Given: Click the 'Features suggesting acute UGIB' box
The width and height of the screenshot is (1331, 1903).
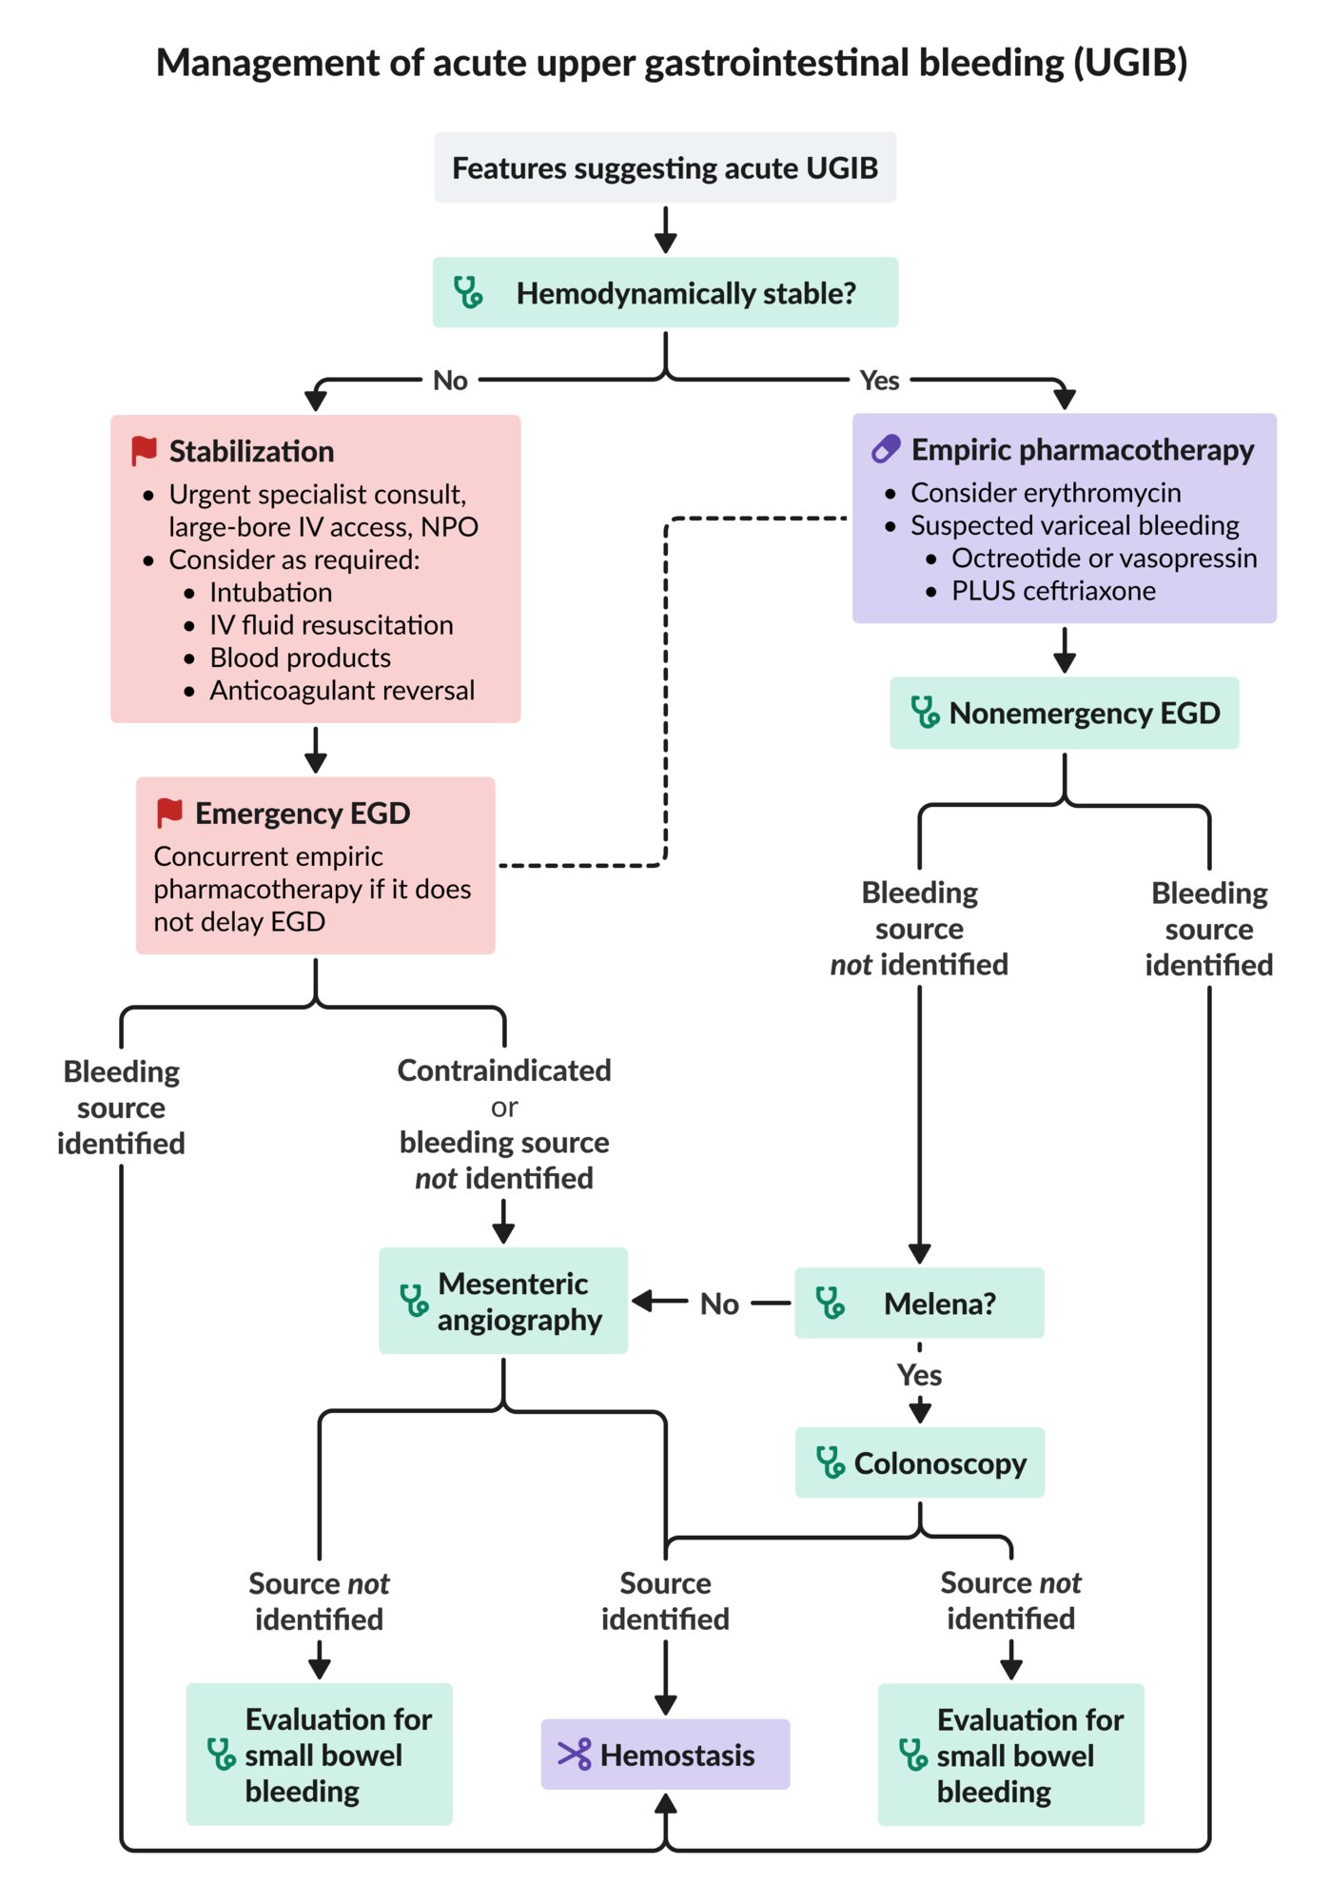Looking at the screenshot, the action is pos(665,167).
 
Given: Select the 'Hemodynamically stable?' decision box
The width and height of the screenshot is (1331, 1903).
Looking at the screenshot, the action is pos(665,292).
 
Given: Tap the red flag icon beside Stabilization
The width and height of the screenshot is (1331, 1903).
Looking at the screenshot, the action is pos(145,451).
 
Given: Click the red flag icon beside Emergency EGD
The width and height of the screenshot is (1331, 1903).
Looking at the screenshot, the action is pos(169,813).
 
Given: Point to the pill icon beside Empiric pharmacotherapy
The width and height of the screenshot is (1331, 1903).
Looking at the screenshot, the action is pos(886,449).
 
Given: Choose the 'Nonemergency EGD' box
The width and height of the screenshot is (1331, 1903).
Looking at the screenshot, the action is pos(1065,713).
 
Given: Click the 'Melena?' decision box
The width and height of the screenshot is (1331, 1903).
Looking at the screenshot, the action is pos(919,1303).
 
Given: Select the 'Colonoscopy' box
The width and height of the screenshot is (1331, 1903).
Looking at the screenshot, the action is pos(920,1462).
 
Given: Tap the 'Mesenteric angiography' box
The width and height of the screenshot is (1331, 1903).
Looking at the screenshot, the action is pos(503,1301).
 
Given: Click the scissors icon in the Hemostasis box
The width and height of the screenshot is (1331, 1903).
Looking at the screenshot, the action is pos(575,1755).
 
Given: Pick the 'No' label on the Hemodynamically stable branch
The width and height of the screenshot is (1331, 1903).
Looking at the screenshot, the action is pos(450,381).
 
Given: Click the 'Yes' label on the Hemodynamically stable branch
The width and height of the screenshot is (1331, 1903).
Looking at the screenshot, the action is pos(879,381).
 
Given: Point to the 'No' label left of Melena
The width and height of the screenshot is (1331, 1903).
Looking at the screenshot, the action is pos(719,1304).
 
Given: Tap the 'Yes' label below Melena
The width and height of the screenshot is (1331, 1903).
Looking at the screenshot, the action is pos(919,1375).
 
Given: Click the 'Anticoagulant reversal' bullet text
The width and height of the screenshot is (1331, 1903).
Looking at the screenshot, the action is pos(343,690).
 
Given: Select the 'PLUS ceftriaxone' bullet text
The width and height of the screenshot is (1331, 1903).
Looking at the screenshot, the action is pos(1054,591).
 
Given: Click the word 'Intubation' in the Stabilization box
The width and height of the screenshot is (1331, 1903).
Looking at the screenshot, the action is pos(271,592).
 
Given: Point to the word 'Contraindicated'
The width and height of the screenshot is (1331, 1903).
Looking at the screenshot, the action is pos(504,1070).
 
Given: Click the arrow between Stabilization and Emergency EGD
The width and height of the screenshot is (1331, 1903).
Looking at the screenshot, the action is pos(316,750).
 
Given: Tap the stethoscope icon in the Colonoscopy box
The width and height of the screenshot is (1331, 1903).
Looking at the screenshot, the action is pos(830,1462).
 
